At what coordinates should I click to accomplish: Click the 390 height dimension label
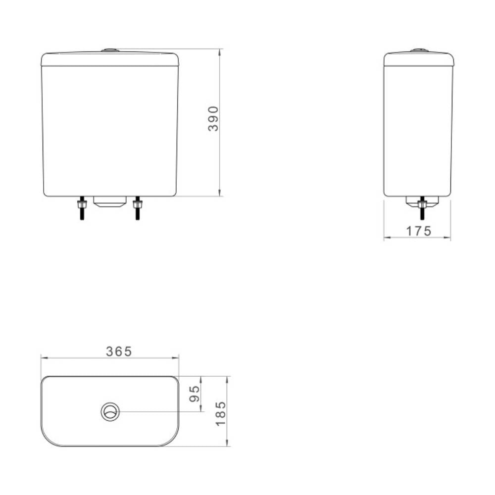(213, 118)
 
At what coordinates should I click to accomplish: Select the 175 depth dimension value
(419, 231)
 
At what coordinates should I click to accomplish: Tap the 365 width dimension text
(119, 351)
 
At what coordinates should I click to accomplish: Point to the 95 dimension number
(195, 394)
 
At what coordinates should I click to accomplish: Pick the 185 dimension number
(221, 413)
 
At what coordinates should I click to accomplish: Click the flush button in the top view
(110, 411)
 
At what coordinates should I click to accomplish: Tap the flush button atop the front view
(109, 50)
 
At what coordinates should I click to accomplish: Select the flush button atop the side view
(419, 50)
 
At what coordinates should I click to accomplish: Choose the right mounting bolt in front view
(137, 208)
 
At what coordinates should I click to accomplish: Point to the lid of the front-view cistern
(109, 59)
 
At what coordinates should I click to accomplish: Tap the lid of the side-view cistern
(419, 59)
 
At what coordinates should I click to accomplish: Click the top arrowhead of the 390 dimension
(219, 51)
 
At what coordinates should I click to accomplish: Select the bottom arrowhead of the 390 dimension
(219, 194)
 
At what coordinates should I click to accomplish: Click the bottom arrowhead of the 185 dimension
(227, 444)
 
